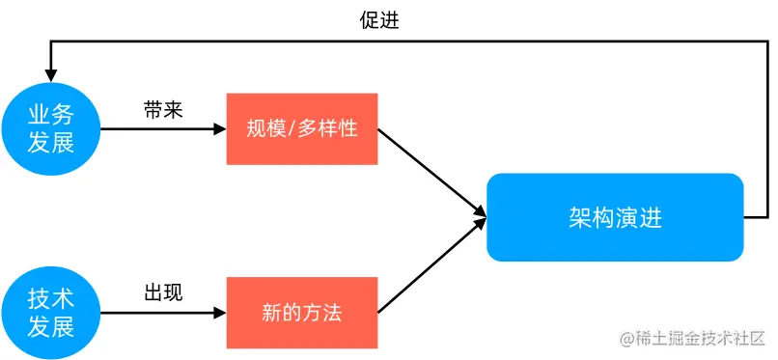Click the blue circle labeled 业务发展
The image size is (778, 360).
click(50, 128)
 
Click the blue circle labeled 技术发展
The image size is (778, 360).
click(50, 312)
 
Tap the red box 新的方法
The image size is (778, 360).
click(301, 313)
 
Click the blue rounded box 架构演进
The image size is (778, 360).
click(615, 217)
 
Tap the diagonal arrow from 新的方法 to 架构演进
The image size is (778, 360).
click(430, 267)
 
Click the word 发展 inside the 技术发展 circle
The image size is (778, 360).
click(50, 326)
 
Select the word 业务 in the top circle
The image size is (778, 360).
click(50, 115)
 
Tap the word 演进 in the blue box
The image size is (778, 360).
click(640, 217)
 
